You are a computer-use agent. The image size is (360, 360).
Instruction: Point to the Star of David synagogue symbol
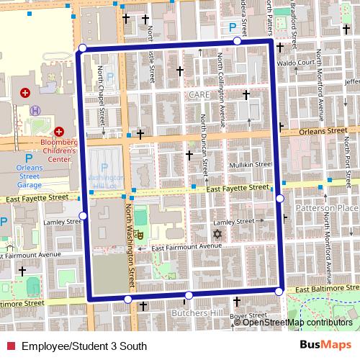coord(214,233)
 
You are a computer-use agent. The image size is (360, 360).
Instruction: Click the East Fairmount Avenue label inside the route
coord(184,246)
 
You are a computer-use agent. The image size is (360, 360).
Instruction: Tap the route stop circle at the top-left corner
coord(82,48)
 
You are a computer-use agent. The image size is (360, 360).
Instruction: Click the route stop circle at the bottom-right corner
coord(279,292)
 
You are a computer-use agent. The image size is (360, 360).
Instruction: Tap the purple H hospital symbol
coord(36,110)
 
